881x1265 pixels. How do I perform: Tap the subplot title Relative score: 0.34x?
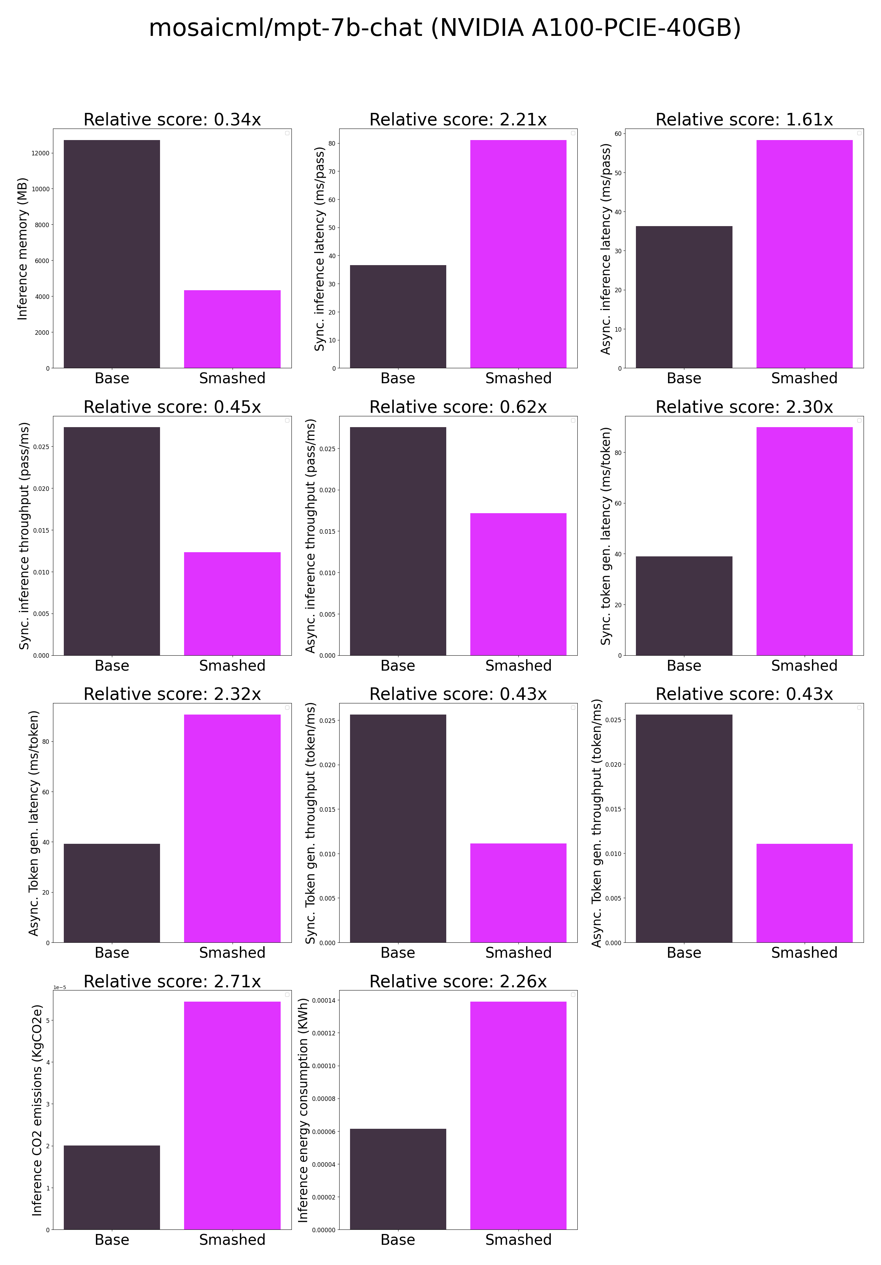click(x=172, y=119)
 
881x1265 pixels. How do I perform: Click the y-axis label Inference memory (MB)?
click(x=22, y=248)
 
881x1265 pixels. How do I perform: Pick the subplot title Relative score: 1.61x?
click(x=744, y=119)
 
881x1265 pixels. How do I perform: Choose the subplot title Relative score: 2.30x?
click(x=744, y=407)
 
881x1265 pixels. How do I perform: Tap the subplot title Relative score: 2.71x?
click(x=172, y=981)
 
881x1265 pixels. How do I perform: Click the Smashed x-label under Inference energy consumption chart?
click(x=518, y=1239)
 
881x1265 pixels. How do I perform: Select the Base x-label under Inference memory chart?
click(x=112, y=378)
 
